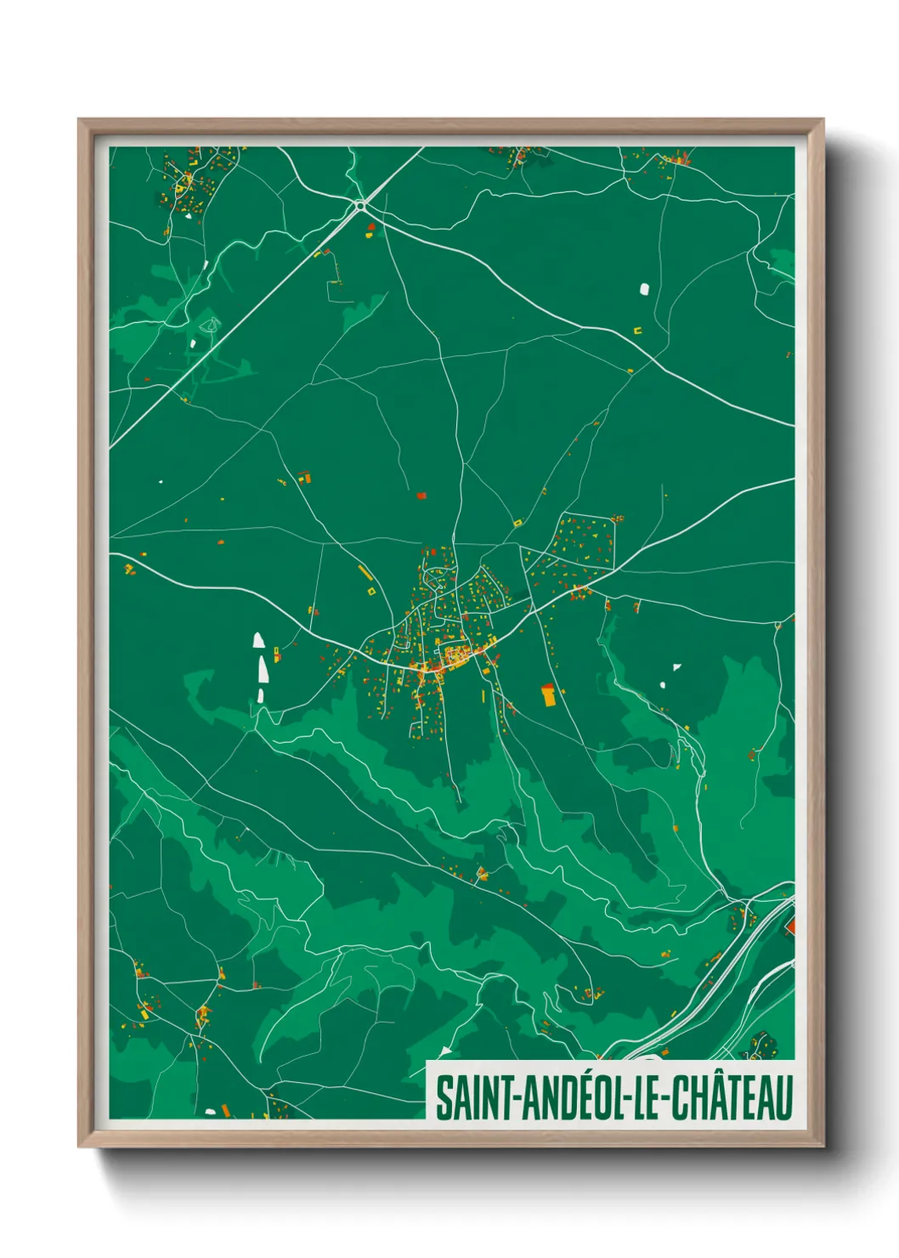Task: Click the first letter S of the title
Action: [444, 1098]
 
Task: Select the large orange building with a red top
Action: [548, 694]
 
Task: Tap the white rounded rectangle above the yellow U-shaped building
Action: [644, 289]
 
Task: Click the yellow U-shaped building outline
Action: [636, 330]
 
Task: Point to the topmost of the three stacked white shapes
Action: [257, 639]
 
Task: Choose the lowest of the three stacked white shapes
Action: [261, 696]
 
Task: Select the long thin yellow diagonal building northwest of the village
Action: [365, 571]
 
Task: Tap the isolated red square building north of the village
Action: [421, 495]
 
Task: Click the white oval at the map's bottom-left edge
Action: [210, 1111]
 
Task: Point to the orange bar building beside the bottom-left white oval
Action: [226, 1110]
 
